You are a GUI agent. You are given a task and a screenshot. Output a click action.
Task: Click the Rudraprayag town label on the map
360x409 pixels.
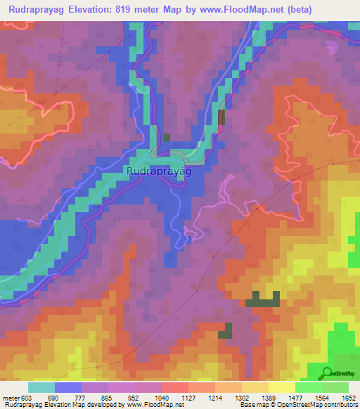pyautogui.click(x=160, y=170)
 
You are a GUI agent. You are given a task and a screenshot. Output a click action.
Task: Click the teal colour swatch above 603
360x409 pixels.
pyautogui.click(x=41, y=387)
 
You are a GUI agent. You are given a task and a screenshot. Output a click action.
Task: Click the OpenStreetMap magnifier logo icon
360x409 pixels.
pyautogui.click(x=327, y=372)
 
